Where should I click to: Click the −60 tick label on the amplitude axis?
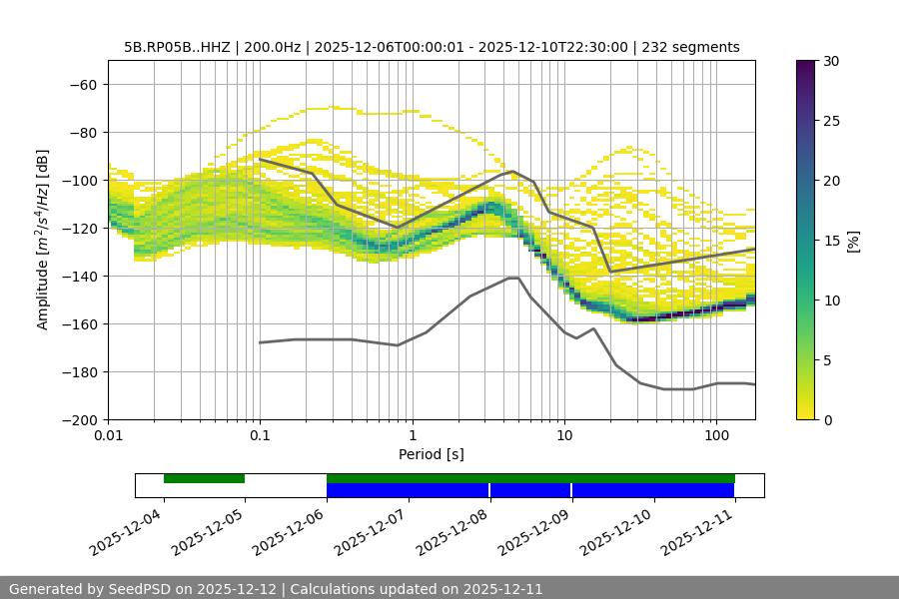tap(82, 85)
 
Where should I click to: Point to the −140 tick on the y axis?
tap(82, 277)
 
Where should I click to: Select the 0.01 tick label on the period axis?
tap(108, 436)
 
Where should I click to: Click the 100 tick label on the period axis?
tap(716, 436)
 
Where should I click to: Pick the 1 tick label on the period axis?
tap(412, 436)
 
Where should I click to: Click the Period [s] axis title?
tap(431, 455)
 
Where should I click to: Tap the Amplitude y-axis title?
tap(43, 240)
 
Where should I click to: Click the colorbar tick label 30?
tap(831, 61)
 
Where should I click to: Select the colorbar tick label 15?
tap(831, 241)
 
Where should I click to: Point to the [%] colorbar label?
tap(853, 241)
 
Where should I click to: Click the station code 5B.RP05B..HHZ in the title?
tap(177, 47)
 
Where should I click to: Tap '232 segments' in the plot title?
tap(690, 47)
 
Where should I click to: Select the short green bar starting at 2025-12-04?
tap(204, 478)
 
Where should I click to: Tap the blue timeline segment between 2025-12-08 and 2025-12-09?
tap(530, 490)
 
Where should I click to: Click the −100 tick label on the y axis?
tap(79, 181)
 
